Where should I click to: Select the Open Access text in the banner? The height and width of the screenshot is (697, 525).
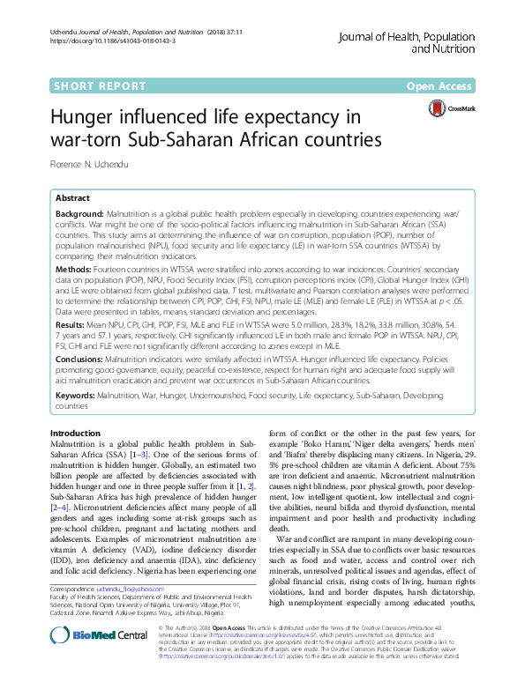tap(439, 87)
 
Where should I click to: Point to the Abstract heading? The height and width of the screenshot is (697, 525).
tap(73, 198)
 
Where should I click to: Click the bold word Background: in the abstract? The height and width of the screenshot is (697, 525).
tap(79, 214)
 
